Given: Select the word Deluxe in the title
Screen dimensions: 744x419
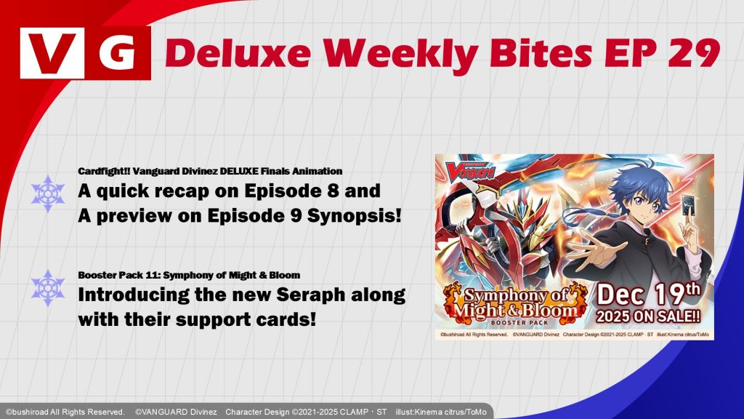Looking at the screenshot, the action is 238,52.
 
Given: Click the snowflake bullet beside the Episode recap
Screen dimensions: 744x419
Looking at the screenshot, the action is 48,193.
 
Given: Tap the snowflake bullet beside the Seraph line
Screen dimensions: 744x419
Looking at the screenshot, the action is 48,288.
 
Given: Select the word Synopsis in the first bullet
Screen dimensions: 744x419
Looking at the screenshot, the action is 354,215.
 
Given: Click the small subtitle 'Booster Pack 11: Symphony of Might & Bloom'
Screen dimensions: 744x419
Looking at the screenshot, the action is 189,275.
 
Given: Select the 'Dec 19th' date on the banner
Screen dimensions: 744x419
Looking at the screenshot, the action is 648,295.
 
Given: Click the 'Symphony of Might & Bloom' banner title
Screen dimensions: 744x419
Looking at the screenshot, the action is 515,303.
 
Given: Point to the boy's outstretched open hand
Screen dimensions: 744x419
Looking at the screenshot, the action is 586,250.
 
